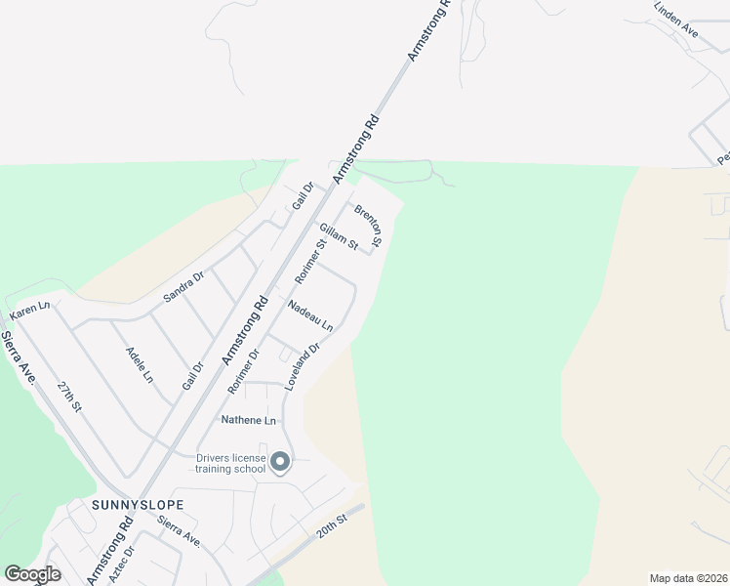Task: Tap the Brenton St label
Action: [367, 225]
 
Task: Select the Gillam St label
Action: [340, 235]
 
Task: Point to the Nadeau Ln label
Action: [310, 315]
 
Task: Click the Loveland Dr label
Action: [303, 366]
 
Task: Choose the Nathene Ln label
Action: [249, 420]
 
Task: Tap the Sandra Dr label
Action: [183, 285]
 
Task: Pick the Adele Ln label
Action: [140, 363]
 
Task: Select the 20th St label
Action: [331, 527]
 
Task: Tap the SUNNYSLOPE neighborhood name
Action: [138, 505]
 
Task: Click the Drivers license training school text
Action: [230, 463]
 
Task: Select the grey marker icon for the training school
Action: [280, 462]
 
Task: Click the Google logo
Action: [32, 574]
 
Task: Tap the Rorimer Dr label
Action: [243, 371]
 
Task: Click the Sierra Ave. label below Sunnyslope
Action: [179, 535]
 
